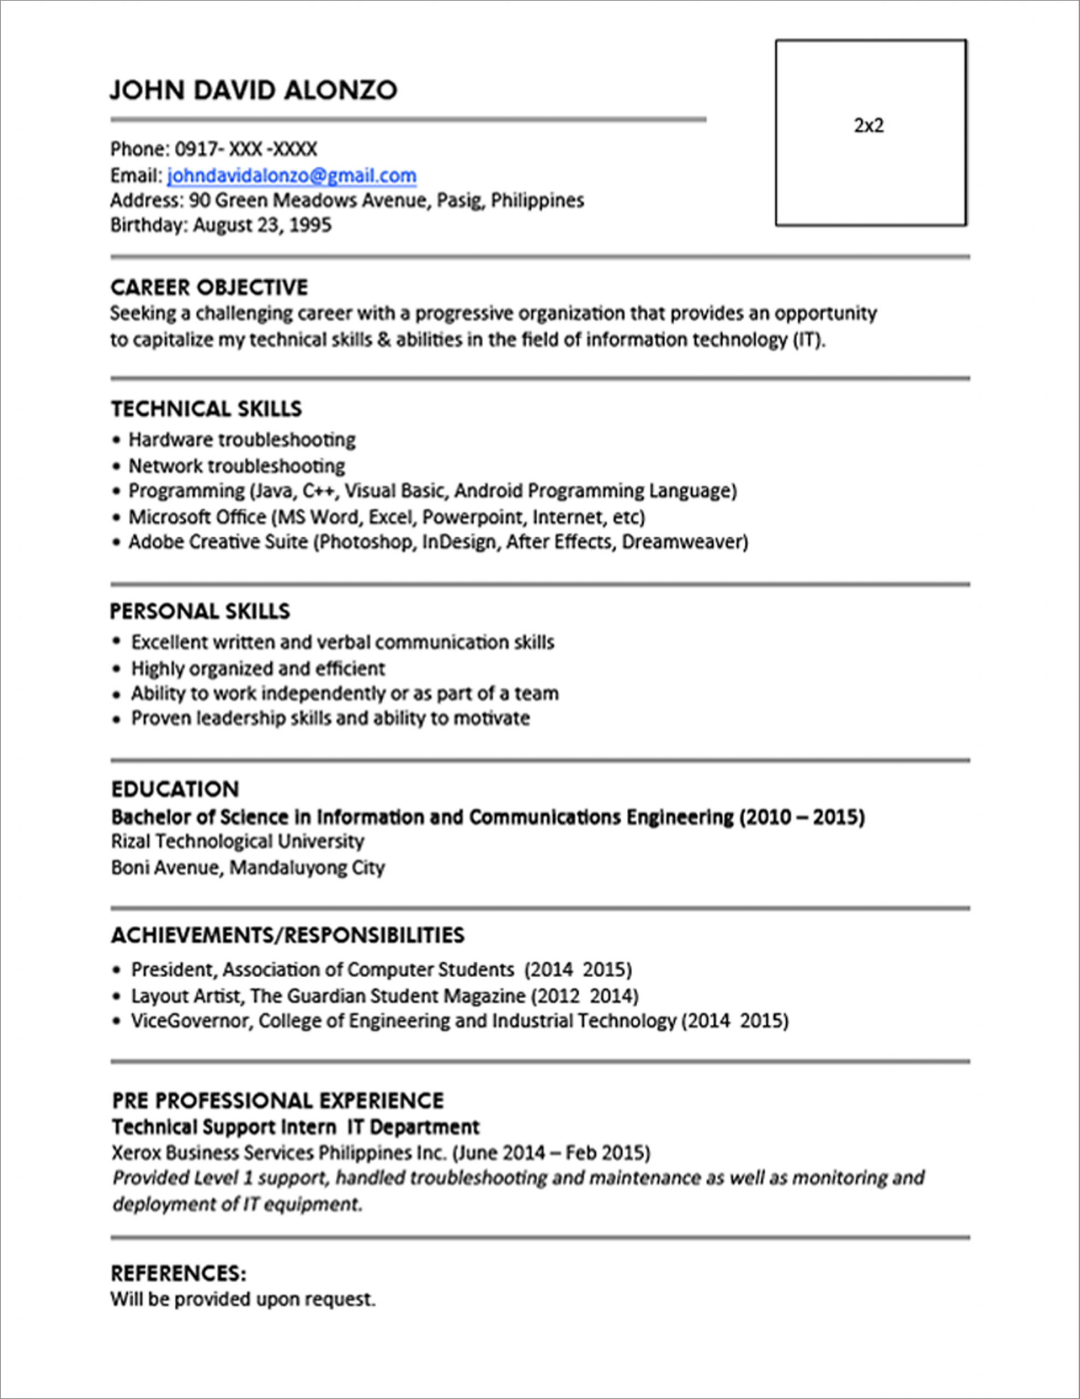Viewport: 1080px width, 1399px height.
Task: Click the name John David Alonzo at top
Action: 253,90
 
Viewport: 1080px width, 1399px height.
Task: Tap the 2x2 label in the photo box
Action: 869,126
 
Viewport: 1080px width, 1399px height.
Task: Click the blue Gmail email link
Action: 291,175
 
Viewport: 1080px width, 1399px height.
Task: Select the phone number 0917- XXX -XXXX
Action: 246,149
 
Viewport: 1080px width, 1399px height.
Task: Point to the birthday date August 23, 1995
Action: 262,225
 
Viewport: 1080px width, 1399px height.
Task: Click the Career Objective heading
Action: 209,287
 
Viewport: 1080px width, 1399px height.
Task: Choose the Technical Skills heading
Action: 206,409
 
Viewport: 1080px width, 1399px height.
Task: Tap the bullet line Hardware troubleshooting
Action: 241,440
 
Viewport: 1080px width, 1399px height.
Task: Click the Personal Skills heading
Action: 200,611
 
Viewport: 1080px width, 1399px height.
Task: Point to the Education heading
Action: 175,789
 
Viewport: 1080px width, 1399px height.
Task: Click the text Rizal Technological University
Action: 238,841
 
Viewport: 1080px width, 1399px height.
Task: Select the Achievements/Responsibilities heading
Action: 287,935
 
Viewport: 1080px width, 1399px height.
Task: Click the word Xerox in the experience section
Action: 136,1153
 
